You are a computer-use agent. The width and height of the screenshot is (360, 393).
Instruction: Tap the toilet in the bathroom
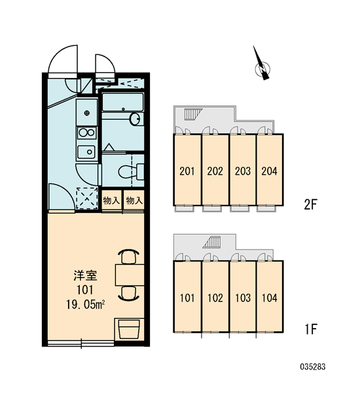pos(131,172)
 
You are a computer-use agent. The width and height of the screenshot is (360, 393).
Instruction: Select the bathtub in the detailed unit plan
pos(123,102)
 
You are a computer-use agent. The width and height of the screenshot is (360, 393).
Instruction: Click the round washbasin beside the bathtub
pos(135,119)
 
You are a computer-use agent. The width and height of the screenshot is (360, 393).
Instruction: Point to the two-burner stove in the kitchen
pos(86,132)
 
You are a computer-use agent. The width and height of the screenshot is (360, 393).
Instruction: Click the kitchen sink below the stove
pos(86,152)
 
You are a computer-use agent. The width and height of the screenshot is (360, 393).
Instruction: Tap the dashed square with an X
pos(86,198)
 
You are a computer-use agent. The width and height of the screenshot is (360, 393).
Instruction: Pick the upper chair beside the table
pos(128,256)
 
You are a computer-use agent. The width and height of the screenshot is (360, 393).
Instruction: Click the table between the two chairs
pos(130,274)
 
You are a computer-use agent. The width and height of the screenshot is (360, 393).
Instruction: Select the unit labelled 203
pos(243,171)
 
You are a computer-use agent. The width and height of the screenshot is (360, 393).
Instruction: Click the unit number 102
pos(215,298)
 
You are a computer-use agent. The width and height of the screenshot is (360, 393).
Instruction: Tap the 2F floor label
pos(310,204)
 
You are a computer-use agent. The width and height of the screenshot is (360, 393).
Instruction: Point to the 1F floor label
pos(311,329)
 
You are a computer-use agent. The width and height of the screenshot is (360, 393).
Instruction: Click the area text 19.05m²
pos(85,305)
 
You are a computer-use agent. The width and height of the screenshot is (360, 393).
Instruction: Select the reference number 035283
pos(313,367)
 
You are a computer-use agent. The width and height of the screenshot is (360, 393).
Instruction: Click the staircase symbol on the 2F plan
pos(193,115)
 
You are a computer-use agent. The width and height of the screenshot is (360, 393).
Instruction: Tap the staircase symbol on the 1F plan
pos(212,242)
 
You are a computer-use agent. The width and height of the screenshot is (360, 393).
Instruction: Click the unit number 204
pos(269,171)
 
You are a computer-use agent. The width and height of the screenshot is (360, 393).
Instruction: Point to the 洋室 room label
pos(85,276)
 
